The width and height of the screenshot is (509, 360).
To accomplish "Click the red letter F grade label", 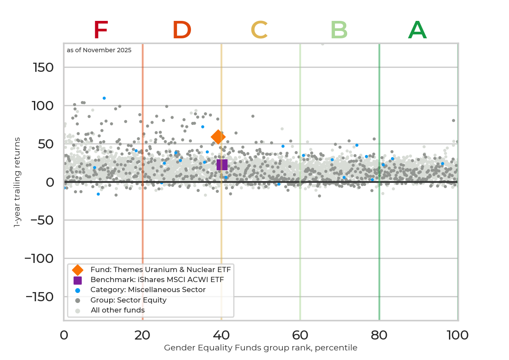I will tap(100, 30).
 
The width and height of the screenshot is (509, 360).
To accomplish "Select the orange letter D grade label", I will tap(182, 30).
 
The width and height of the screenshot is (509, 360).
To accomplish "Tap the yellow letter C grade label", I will tap(259, 30).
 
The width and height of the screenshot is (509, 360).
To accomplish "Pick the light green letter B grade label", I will tap(339, 30).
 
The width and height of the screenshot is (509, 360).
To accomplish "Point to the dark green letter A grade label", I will tap(417, 30).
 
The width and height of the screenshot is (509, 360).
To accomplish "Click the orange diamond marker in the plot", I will tap(218, 137).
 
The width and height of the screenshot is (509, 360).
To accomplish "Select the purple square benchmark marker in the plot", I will tap(222, 165).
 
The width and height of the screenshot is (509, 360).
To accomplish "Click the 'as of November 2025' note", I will tap(99, 50).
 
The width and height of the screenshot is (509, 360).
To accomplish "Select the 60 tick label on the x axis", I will tap(300, 335).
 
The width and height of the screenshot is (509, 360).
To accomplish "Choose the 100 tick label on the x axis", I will tap(457, 335).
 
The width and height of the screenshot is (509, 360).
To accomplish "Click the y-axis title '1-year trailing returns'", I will tap(17, 182).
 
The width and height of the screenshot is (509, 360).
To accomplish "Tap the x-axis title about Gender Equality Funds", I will tap(261, 348).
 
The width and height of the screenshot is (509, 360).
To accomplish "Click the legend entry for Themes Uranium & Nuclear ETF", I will tap(160, 269).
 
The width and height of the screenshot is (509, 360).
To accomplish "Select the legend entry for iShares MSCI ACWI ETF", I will tap(157, 279).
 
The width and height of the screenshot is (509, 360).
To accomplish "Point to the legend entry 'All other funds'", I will tap(117, 310).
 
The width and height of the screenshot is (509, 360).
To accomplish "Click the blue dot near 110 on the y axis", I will tap(104, 98).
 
